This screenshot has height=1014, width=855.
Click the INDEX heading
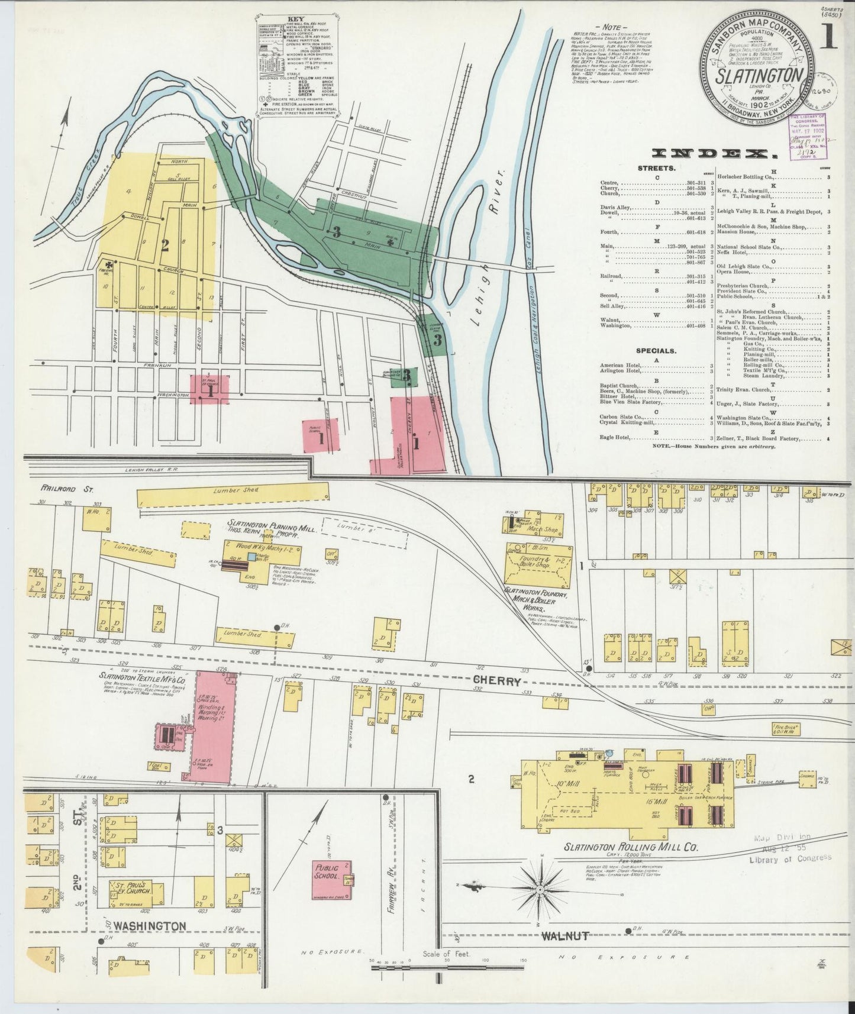pos(714,154)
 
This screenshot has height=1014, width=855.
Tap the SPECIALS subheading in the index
pos(656,350)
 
